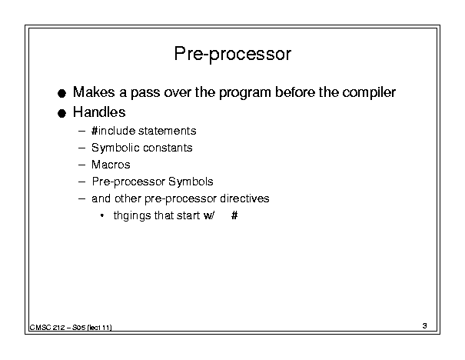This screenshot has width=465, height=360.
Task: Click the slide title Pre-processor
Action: pos(232,55)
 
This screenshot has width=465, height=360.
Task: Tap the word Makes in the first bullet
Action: pos(94,92)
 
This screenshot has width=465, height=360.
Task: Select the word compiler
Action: pos(369,92)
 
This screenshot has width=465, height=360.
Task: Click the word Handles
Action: pos(99,112)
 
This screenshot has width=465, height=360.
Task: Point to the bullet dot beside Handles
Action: pos(61,113)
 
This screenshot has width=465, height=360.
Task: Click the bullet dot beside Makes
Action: pos(61,94)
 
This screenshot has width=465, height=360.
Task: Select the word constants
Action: pos(168,148)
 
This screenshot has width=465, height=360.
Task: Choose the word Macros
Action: pos(111,165)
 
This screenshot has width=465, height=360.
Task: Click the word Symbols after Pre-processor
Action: pos(191,182)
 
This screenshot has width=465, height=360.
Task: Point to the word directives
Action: pos(244,198)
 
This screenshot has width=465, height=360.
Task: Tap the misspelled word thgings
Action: pos(132,215)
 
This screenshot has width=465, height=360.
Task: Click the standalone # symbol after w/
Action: pos(234,215)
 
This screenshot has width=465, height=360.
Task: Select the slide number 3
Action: pos(425,326)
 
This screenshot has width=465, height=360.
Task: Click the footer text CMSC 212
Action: pos(47,328)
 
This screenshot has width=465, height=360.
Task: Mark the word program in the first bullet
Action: pos(245,93)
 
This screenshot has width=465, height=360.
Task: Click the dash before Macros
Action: pos(81,165)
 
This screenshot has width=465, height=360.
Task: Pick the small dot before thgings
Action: pos(102,215)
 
